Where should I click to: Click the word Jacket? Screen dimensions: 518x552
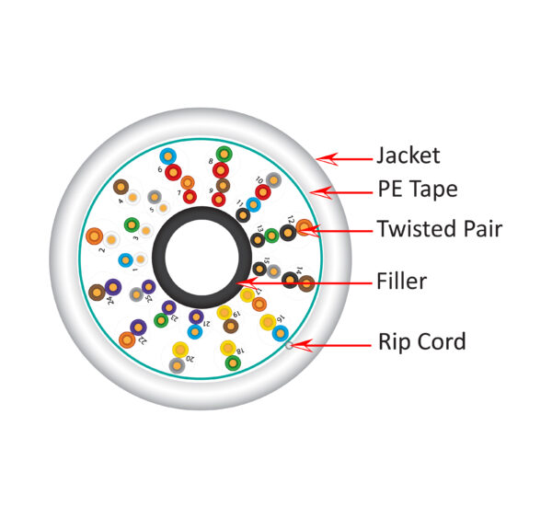point(408,155)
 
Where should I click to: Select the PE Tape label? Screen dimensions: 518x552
point(417,190)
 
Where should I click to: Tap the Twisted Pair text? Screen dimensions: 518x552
point(439,228)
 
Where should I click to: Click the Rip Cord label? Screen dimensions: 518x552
point(421,342)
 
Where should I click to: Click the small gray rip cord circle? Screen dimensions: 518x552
point(289,346)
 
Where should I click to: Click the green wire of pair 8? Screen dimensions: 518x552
point(224,154)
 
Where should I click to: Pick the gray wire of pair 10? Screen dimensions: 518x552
point(273,179)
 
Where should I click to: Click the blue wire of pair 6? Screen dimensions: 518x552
point(167,156)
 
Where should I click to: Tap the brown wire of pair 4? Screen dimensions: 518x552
point(121,187)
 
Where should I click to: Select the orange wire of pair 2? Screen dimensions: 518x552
point(94,236)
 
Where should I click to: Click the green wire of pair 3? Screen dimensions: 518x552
point(132,224)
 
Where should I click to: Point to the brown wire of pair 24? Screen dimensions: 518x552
point(97,292)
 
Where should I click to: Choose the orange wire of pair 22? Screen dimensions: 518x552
point(127,340)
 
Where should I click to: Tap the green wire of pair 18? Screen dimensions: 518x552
point(233,363)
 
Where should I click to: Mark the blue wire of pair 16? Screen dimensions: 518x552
point(280,333)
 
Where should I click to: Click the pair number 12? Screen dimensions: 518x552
point(290,221)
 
